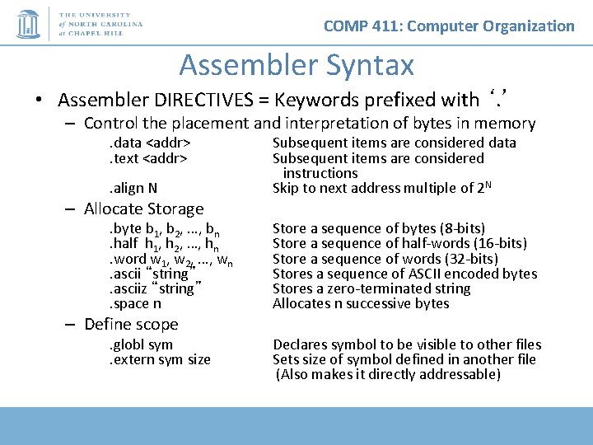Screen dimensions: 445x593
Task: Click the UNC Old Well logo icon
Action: [x=30, y=24]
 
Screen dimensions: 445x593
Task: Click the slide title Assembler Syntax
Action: [x=296, y=64]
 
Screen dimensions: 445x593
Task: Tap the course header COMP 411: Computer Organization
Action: [x=449, y=26]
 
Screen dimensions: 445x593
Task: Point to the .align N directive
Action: [x=133, y=188]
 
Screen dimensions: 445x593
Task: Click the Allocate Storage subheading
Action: [x=143, y=209]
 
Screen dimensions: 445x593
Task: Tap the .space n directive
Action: [x=135, y=303]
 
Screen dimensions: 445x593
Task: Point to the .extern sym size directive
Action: [x=160, y=359]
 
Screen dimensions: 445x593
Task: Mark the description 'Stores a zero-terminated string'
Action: [x=371, y=288]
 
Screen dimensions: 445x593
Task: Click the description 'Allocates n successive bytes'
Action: [x=361, y=303]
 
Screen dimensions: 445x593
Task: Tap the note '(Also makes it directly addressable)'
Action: [x=388, y=374]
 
